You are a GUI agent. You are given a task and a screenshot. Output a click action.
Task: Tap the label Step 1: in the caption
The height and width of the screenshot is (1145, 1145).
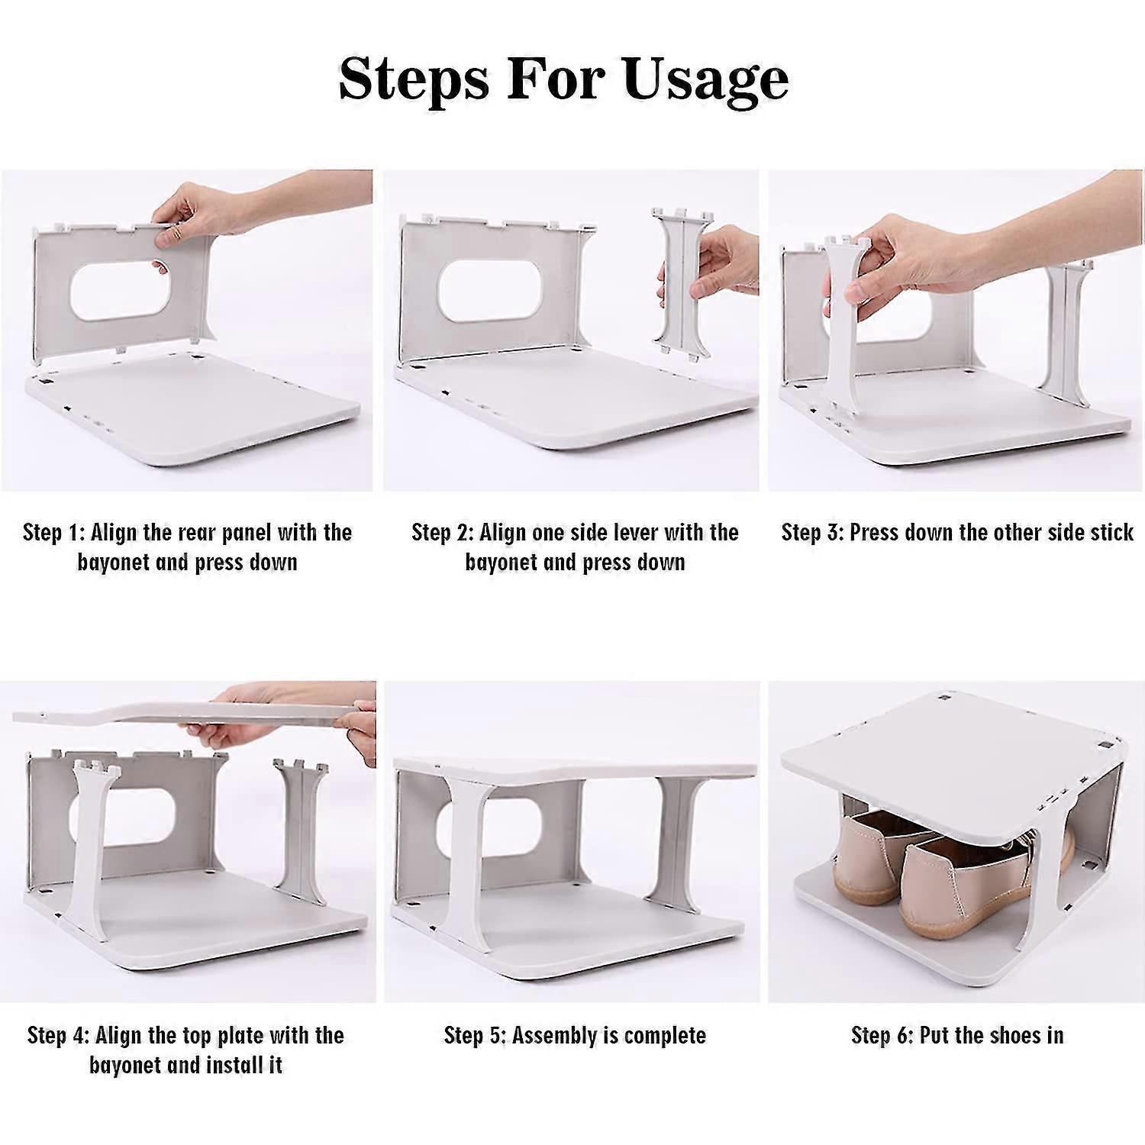[x=53, y=532]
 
